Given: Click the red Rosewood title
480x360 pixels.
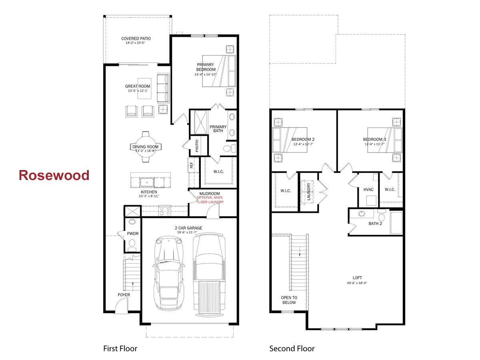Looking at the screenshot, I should click(x=54, y=175).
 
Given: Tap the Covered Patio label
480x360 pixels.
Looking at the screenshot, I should click(x=136, y=39).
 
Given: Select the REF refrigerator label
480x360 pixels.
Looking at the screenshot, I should click(x=191, y=165).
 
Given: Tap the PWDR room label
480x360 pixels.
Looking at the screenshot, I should click(x=132, y=233).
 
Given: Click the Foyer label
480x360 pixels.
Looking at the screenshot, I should click(x=124, y=295).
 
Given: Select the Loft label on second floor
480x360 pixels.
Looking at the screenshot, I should click(x=357, y=278).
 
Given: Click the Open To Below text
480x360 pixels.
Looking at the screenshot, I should click(x=289, y=300).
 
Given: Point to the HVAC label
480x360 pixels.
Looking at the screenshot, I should click(x=368, y=190).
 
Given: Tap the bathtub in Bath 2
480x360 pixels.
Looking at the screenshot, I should click(x=396, y=223).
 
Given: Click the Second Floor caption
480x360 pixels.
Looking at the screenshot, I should click(x=292, y=348).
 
